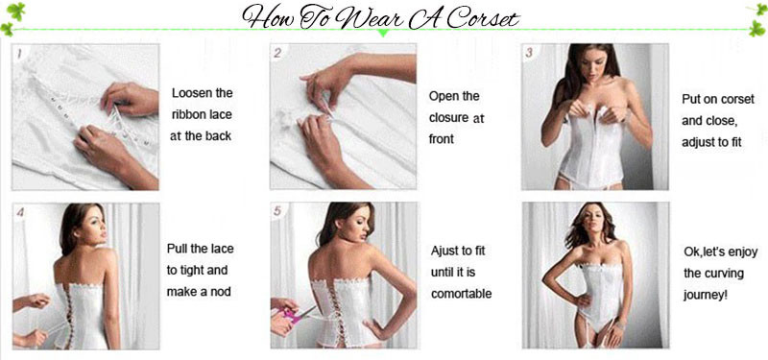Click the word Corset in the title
[x=482, y=18]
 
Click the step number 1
[x=19, y=53]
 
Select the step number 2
[x=277, y=53]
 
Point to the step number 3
[x=530, y=53]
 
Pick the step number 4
[x=20, y=212]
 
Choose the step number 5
[x=277, y=211]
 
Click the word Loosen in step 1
[x=190, y=93]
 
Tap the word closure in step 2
[x=448, y=118]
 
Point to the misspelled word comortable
[x=462, y=294]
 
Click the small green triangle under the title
[x=383, y=34]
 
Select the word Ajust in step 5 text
[x=444, y=251]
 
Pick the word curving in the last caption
[x=724, y=274]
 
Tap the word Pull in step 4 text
[x=178, y=249]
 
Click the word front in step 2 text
[x=442, y=139]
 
